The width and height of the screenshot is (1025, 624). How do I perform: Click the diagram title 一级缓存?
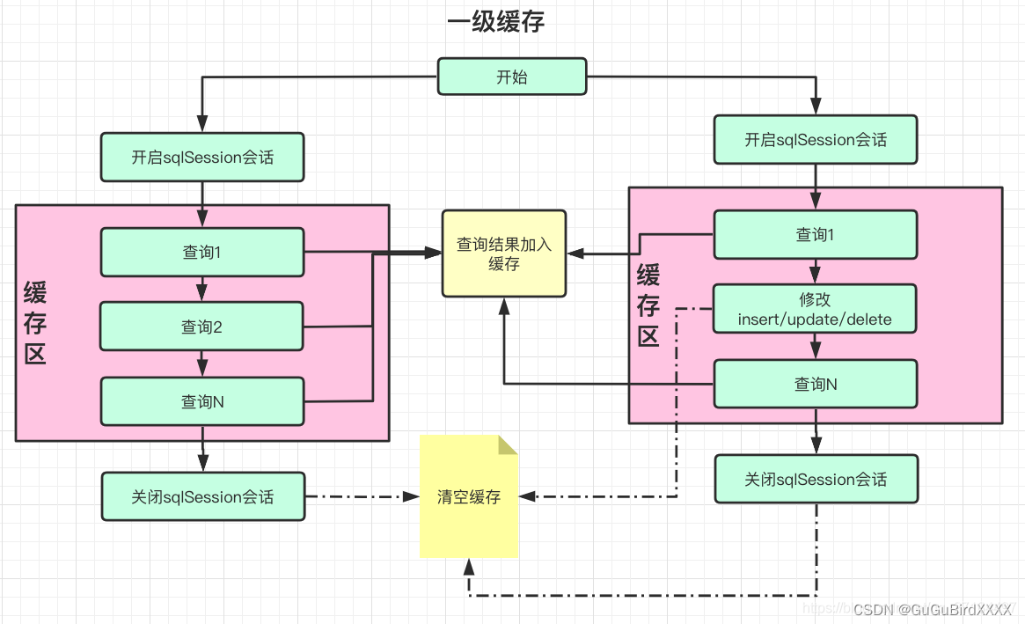[496, 22]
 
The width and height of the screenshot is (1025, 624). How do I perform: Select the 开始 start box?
[512, 77]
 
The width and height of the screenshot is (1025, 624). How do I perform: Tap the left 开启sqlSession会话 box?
[202, 158]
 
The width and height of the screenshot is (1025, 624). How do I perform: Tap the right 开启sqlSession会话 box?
[816, 139]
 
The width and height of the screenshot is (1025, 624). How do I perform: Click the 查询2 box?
[202, 327]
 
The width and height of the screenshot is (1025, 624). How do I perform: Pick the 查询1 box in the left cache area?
[202, 253]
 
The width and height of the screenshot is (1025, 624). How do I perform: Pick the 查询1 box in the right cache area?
[816, 234]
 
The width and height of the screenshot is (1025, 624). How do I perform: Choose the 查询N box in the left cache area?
[202, 401]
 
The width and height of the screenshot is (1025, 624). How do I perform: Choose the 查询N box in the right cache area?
[816, 384]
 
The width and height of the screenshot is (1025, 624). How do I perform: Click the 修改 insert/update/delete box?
[816, 310]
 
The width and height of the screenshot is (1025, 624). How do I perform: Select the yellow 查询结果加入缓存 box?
[504, 253]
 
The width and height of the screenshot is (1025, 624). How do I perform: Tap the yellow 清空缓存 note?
[469, 497]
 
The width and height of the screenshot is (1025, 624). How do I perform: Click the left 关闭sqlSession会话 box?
[202, 497]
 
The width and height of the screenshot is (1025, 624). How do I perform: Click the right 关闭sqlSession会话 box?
[816, 480]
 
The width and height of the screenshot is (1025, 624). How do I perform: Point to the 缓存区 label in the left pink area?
[35, 323]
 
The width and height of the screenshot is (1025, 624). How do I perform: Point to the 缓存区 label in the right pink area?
[648, 306]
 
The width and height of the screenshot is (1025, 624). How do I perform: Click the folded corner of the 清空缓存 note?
[509, 444]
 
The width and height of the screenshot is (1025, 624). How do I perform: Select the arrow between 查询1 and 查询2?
[202, 289]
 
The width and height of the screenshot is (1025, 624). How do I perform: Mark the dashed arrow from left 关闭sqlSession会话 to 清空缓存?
[361, 497]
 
